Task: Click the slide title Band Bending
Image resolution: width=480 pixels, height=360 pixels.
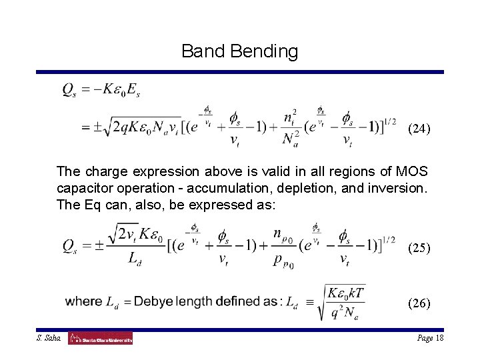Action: point(239,51)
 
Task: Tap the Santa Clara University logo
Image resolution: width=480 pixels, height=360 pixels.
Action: point(101,338)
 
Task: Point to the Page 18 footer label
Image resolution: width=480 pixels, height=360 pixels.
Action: point(431,338)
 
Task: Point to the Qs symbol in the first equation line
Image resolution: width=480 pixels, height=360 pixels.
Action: point(71,89)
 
